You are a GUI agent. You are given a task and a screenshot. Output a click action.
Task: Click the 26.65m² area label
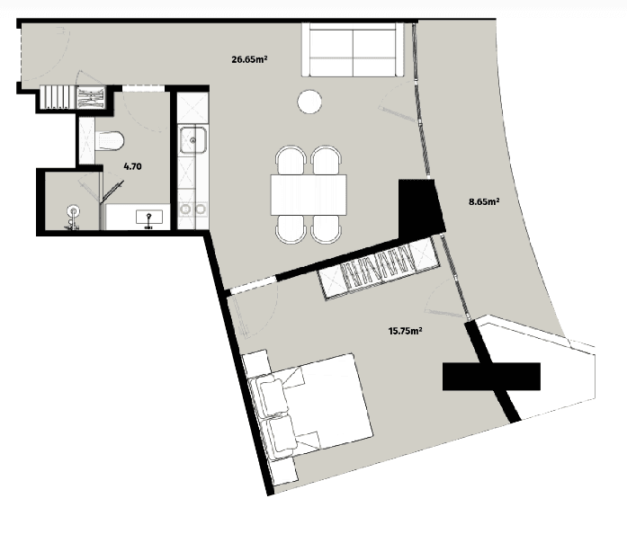pyautogui.click(x=252, y=60)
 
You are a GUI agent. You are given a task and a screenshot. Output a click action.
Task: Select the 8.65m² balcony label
pyautogui.click(x=485, y=202)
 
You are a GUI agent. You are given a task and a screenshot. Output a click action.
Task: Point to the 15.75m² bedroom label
pyautogui.click(x=406, y=330)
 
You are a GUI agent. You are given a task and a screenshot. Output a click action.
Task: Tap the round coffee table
pyautogui.click(x=310, y=102)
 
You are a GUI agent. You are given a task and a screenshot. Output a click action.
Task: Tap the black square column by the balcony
pyautogui.click(x=418, y=206)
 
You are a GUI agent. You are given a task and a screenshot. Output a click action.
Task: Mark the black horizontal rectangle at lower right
pyautogui.click(x=490, y=376)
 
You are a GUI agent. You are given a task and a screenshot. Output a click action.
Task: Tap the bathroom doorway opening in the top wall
pyautogui.click(x=139, y=87)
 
